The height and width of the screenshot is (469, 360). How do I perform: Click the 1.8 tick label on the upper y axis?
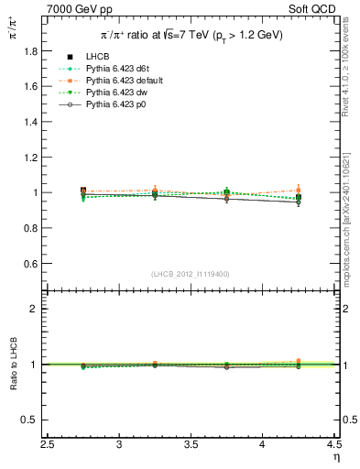coord(29,51)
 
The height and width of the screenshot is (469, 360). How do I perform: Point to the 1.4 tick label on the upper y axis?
coord(29,122)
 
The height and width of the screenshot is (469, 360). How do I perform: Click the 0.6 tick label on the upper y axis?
coord(29,264)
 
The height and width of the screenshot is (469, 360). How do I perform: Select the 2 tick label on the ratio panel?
coord(35,309)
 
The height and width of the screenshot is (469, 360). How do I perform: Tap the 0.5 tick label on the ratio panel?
coord(29,420)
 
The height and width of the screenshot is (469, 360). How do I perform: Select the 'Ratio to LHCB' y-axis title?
coord(12,364)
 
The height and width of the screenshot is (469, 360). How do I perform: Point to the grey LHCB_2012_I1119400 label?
coord(191,275)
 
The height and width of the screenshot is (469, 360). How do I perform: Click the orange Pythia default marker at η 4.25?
coord(298,191)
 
